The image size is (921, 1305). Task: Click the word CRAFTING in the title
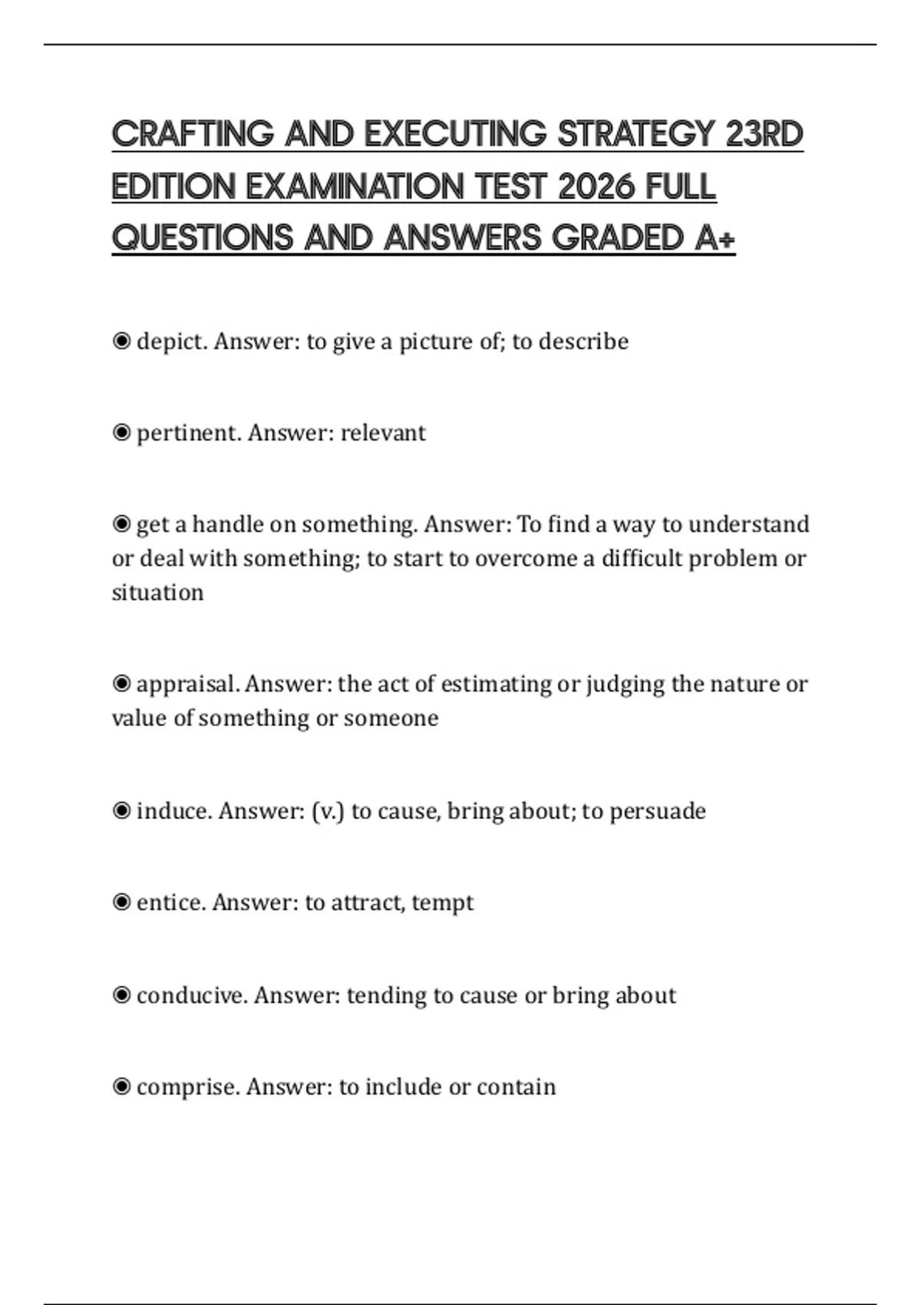[193, 134]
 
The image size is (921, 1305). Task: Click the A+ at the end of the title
[715, 238]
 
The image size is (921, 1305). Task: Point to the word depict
[172, 341]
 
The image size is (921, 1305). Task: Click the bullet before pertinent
[121, 433]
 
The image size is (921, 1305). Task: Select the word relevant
[383, 433]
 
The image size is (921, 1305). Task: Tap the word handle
[225, 524]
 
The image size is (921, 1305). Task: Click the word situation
[158, 593]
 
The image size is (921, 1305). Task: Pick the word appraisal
[187, 684]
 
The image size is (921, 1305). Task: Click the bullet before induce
[121, 811]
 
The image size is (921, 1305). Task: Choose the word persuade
[658, 811]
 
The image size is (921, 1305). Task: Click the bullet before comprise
[121, 1086]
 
